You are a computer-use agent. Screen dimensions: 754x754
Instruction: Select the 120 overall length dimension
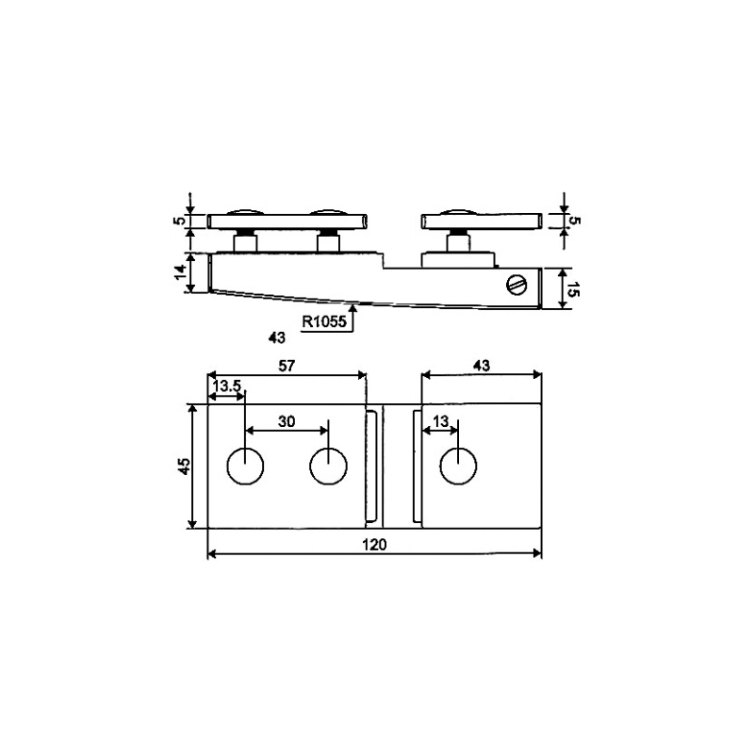374,544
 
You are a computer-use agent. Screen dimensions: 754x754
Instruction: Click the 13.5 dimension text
226,386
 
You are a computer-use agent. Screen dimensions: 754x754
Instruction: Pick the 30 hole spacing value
287,422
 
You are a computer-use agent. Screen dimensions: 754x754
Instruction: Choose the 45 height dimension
185,467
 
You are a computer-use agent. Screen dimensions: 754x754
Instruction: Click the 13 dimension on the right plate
438,422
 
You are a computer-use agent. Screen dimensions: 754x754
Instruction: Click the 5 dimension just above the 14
179,222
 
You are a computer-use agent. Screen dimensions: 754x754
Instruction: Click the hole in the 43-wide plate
459,466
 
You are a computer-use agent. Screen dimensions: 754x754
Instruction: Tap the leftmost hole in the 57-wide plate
245,466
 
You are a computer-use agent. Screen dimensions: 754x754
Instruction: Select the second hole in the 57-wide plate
328,466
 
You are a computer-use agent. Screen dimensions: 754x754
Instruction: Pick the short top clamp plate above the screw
481,221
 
